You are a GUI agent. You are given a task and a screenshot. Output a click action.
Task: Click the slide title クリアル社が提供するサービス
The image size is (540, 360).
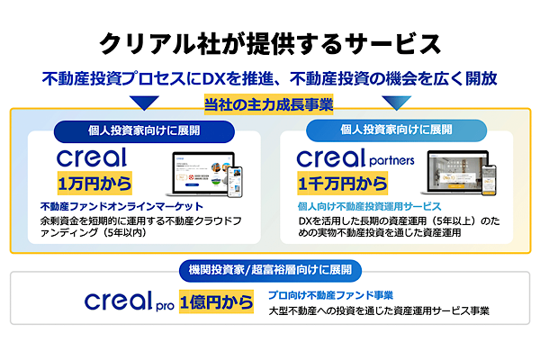[270, 43]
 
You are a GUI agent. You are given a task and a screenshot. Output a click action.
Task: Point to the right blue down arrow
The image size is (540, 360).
[398, 102]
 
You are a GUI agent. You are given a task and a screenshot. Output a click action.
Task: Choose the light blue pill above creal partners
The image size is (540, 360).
[397, 130]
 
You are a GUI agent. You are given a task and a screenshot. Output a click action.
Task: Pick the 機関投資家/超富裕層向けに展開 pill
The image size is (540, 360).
[269, 268]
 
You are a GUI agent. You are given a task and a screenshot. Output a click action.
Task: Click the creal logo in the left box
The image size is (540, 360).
[93, 157]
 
